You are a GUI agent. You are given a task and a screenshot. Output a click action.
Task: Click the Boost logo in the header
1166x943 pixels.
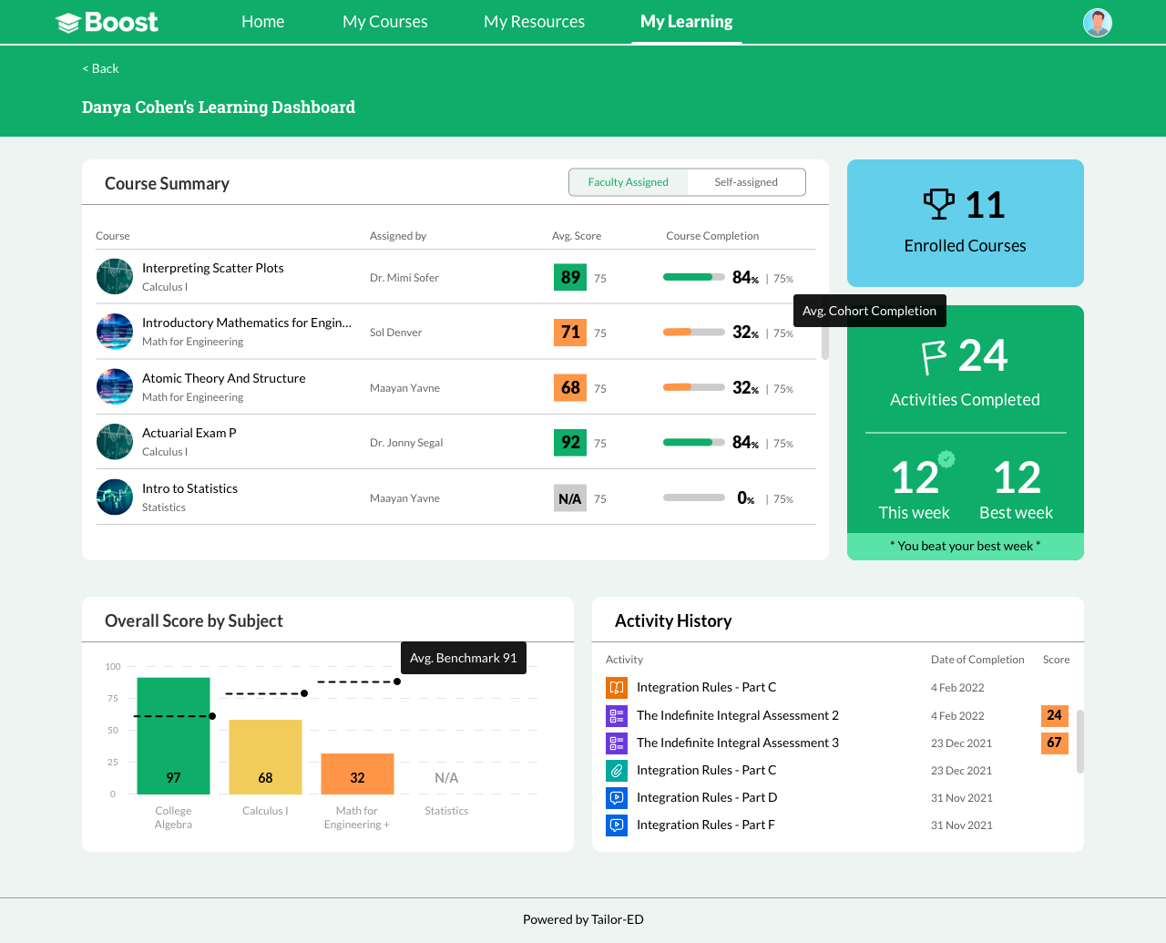tap(107, 23)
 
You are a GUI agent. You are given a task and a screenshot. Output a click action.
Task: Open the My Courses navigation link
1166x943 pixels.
tap(384, 21)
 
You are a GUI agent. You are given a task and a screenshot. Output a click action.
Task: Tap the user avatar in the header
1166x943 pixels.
tap(1097, 23)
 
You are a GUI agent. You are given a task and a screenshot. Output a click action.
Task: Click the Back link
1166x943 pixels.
tap(100, 68)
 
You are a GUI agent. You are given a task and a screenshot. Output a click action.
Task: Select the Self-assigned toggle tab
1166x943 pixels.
tap(745, 182)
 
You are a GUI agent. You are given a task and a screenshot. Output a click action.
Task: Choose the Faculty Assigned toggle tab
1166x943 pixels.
tap(628, 182)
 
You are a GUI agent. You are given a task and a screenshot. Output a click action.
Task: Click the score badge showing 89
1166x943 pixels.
tap(570, 277)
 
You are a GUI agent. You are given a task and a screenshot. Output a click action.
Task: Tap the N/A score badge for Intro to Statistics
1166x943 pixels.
tap(570, 498)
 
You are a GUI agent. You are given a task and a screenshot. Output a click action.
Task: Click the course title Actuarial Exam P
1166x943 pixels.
tap(189, 433)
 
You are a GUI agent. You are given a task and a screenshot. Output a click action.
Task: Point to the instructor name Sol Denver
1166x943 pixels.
tap(395, 333)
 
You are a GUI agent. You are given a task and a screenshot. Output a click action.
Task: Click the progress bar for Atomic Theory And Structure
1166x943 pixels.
tap(693, 388)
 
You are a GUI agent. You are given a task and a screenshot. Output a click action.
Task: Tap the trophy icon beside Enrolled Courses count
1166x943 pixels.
tap(939, 204)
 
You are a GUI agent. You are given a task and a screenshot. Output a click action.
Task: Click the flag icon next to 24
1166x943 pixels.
tap(934, 357)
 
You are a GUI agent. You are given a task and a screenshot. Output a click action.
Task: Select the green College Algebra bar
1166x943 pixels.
tap(173, 735)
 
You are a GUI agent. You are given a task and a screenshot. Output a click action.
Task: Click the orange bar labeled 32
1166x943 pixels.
tap(357, 774)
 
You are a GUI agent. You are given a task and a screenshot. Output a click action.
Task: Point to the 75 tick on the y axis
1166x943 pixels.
tap(113, 698)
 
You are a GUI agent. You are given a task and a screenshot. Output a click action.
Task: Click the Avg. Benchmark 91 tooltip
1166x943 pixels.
tap(463, 658)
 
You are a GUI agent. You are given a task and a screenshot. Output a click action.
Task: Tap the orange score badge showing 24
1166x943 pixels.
tap(1054, 715)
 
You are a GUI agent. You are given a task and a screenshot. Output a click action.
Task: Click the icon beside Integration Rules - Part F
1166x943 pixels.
tap(617, 825)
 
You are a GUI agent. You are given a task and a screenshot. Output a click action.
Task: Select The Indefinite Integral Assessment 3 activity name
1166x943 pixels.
tap(737, 743)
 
